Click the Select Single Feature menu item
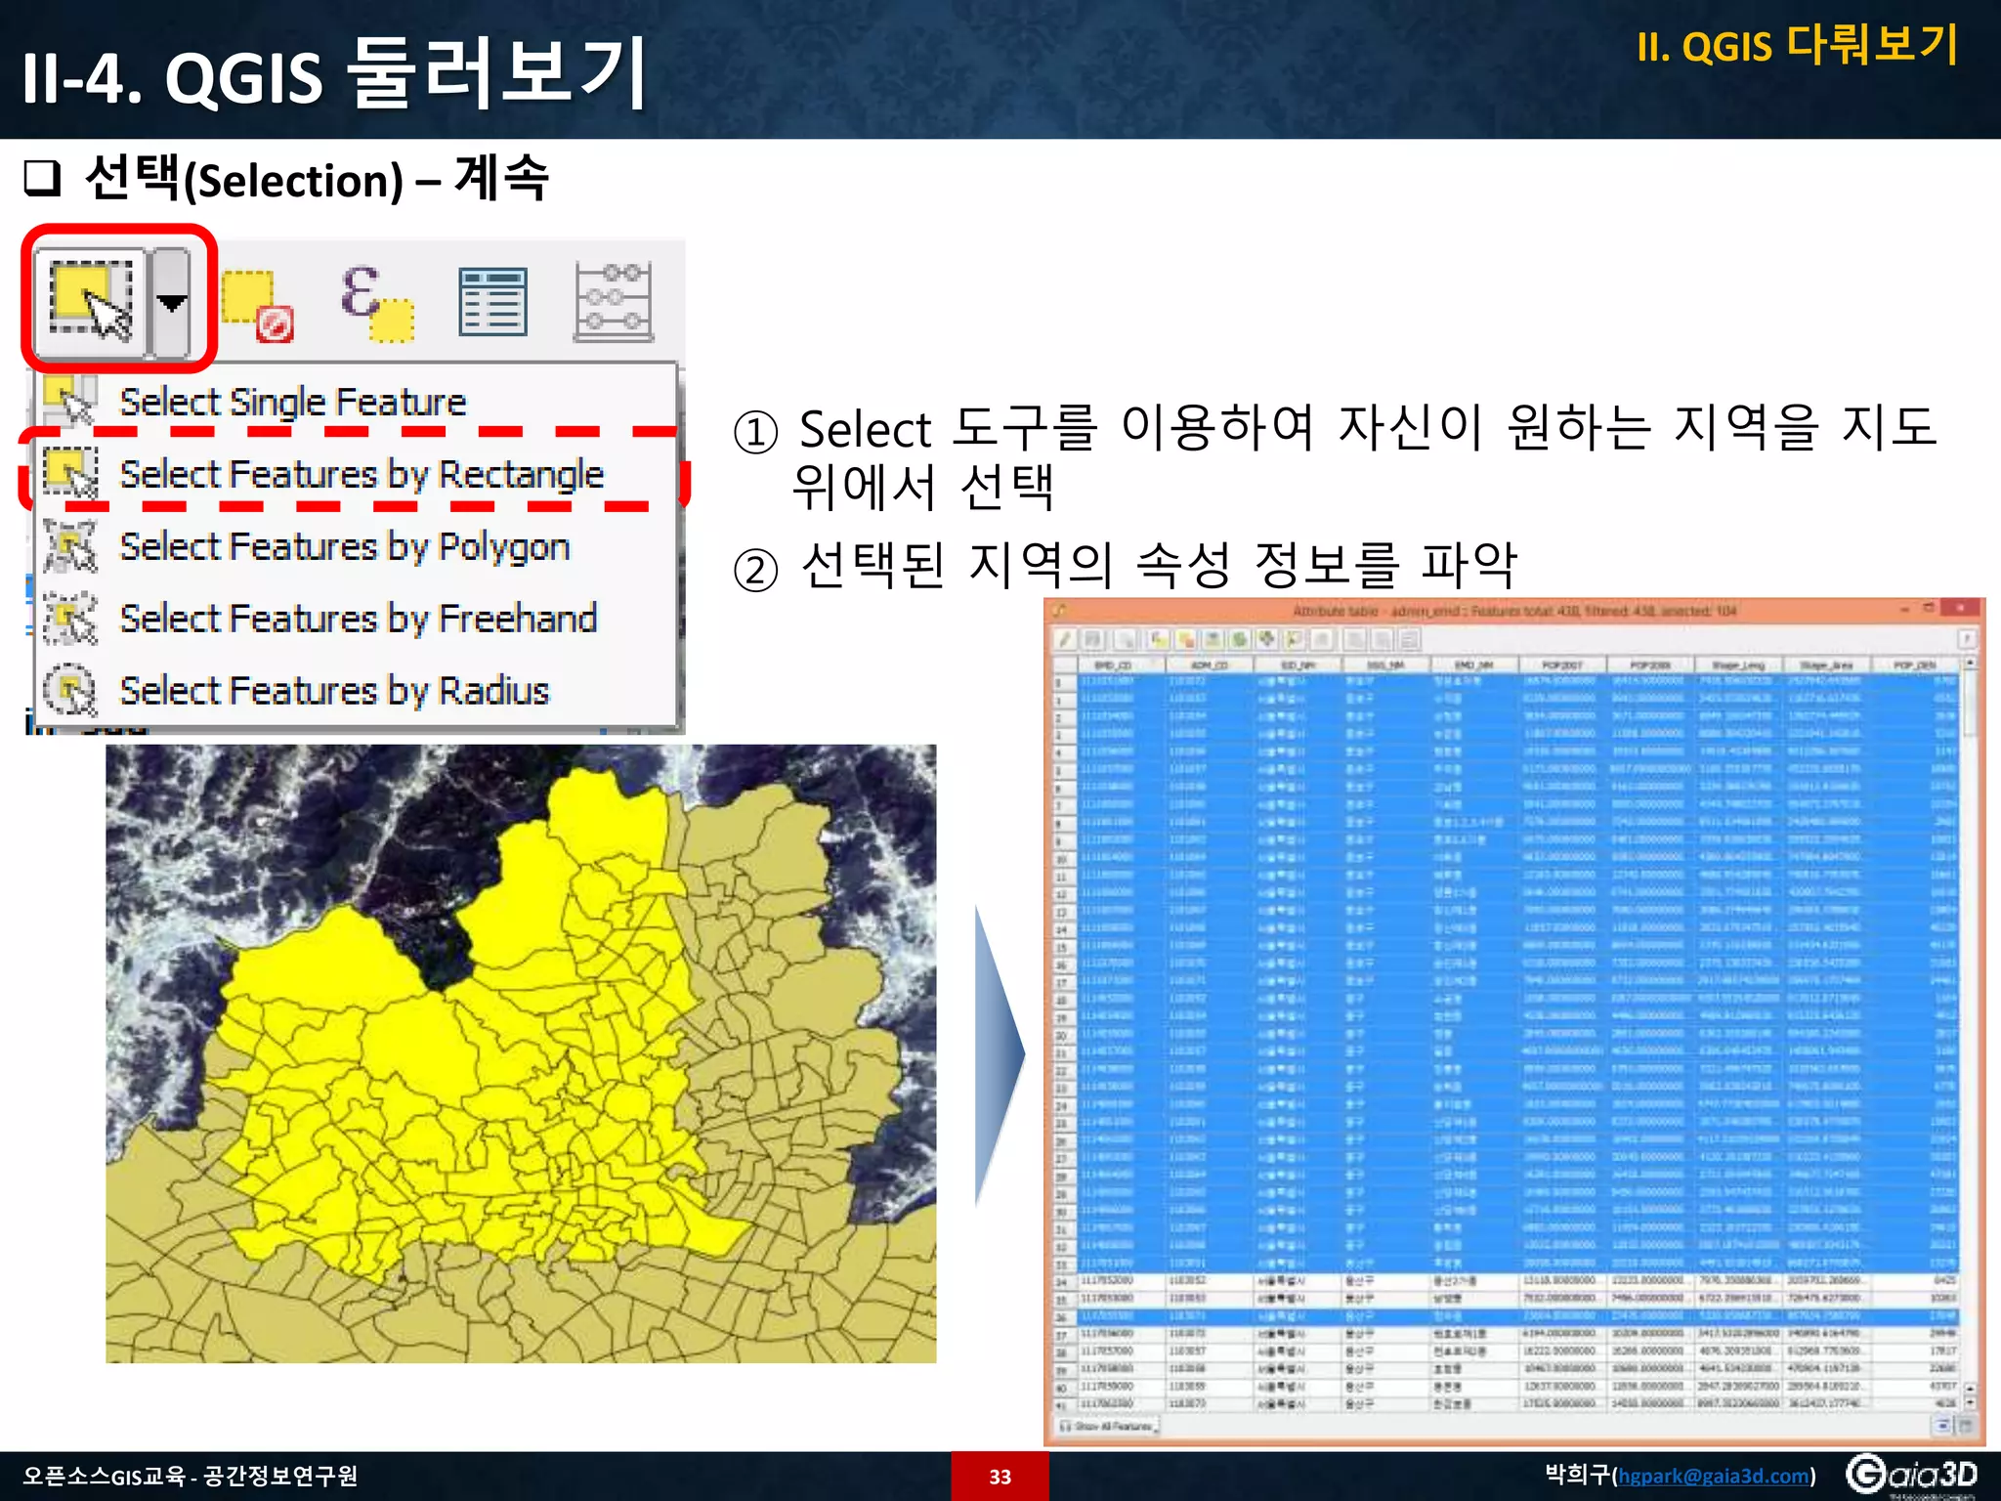click(x=292, y=402)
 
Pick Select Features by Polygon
click(x=344, y=546)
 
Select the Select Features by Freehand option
click(x=358, y=619)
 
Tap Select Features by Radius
click(x=334, y=691)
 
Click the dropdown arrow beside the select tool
click(x=172, y=303)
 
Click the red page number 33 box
click(x=1000, y=1476)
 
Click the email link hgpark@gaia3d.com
click(x=1714, y=1476)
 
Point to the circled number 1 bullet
click(x=755, y=432)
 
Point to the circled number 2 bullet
click(x=755, y=571)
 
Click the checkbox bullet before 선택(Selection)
click(x=43, y=179)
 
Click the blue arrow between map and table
click(x=999, y=1055)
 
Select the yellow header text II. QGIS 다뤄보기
click(x=1797, y=45)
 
